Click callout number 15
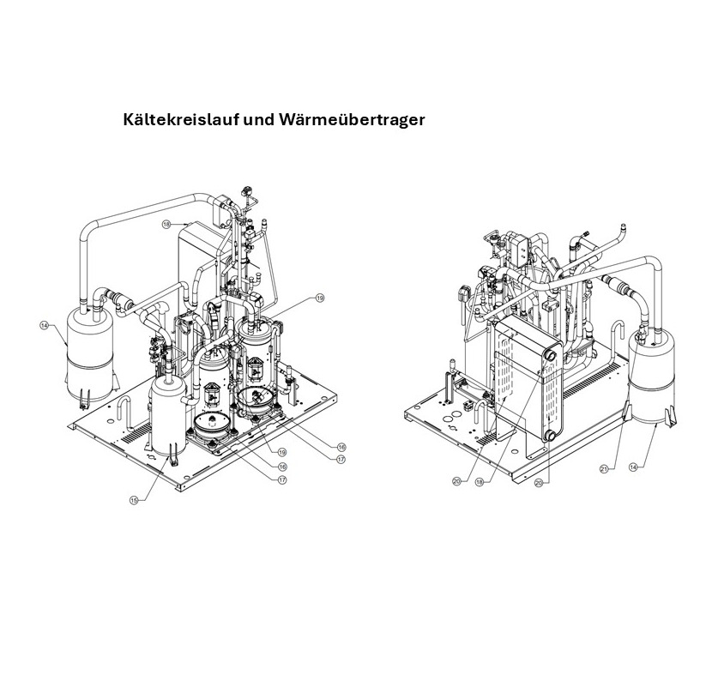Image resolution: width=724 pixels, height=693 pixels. click(133, 500)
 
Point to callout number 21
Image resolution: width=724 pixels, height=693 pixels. click(604, 469)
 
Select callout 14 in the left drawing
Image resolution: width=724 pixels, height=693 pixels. click(44, 325)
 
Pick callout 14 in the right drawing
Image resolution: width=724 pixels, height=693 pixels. click(633, 467)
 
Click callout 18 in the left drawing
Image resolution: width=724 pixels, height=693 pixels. click(166, 224)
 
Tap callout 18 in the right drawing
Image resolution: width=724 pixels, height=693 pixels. click(480, 482)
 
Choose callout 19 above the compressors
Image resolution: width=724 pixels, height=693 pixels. click(320, 298)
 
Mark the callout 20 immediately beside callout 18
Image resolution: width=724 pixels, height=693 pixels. click(457, 482)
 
